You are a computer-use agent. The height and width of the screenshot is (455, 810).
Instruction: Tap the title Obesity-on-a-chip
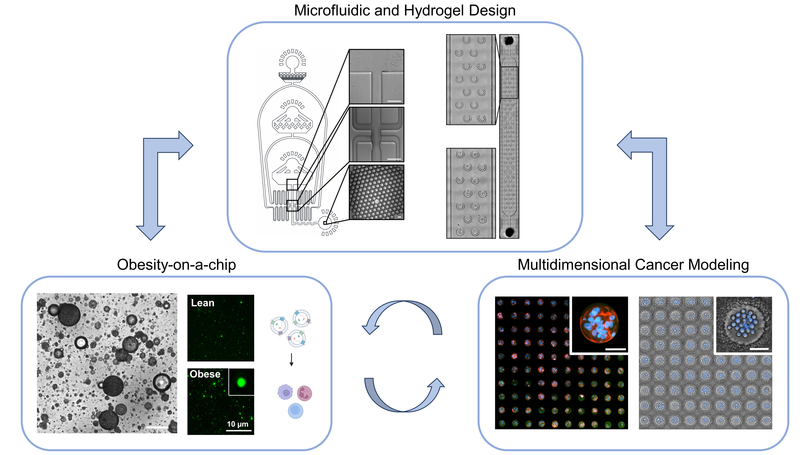click(x=176, y=265)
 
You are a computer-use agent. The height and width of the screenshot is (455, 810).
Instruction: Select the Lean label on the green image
click(x=203, y=303)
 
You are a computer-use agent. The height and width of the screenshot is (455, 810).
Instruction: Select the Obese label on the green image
click(x=205, y=374)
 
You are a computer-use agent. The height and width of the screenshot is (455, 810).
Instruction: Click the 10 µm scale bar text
click(x=238, y=424)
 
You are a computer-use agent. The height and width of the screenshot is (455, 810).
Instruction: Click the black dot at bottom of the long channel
click(x=509, y=232)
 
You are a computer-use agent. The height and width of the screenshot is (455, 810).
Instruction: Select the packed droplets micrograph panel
click(x=376, y=192)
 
